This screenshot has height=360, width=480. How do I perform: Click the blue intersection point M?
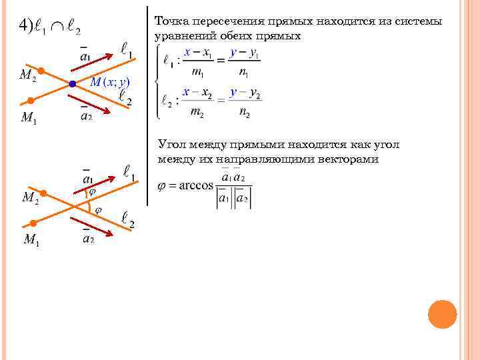point(72,85)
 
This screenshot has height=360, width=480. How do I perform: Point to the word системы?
point(419,22)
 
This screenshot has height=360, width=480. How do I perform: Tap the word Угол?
point(172,145)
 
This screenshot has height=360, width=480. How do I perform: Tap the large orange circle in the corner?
point(443,314)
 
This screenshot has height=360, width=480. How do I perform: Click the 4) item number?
point(26,27)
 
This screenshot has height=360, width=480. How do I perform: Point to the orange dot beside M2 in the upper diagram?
point(41,71)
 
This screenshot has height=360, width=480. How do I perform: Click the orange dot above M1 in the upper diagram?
point(30,101)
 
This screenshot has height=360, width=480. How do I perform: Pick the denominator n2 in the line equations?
point(244,113)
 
